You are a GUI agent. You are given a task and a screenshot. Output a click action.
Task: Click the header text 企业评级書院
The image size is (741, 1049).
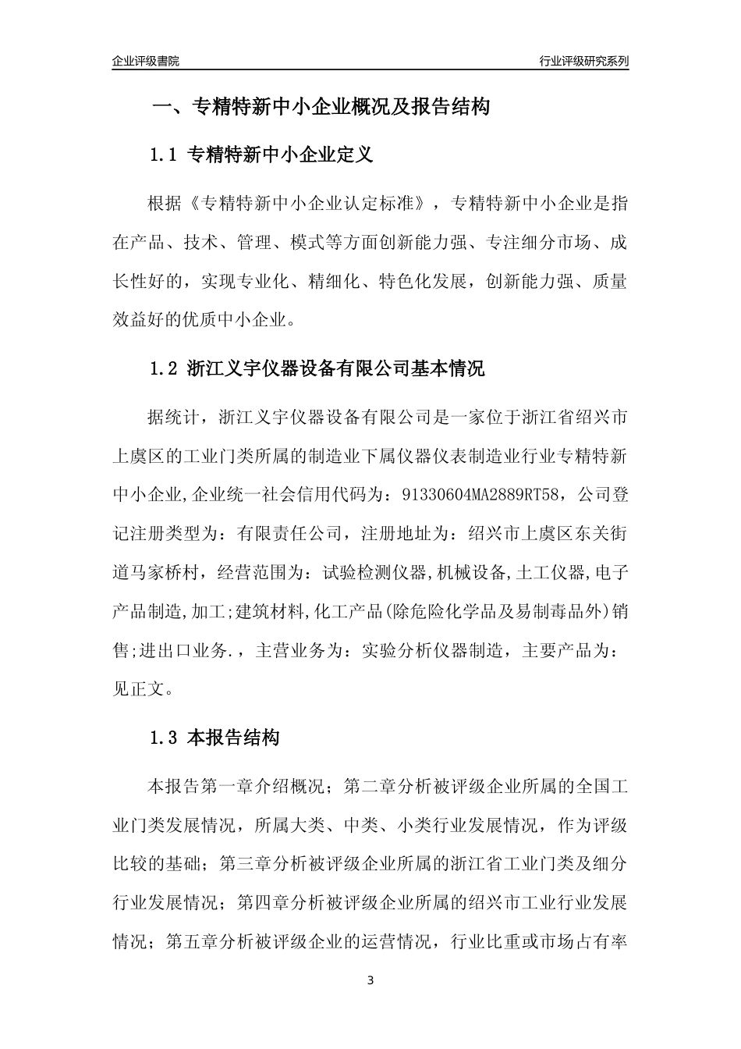(146, 61)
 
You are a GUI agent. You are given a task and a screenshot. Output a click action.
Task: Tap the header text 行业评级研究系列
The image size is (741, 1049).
(584, 61)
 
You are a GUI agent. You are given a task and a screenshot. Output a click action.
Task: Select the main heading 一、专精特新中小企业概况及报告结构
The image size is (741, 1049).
(320, 108)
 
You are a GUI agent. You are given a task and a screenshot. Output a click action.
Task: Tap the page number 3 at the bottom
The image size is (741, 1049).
(370, 980)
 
